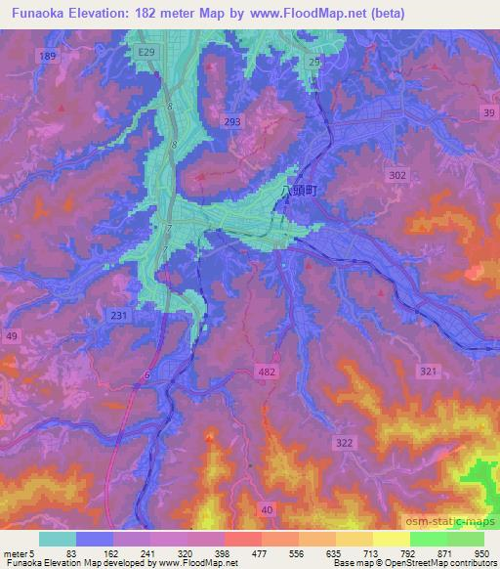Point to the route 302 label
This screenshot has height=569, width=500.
coord(396,175)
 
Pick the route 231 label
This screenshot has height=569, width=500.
coord(118,315)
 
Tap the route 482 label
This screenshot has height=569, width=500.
coord(269,372)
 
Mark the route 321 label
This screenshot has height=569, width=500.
coord(427,372)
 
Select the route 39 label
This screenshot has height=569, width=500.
coord(488,114)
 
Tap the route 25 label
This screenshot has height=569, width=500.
coord(313,62)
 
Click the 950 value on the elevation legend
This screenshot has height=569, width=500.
coord(479,553)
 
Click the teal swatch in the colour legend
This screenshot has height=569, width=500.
coord(57,539)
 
